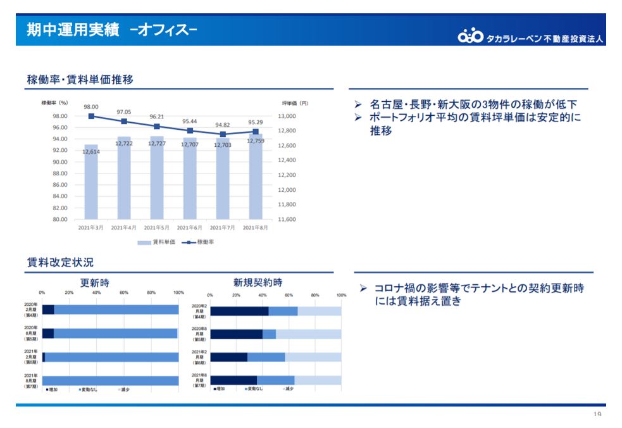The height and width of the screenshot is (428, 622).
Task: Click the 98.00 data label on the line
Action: (91, 107)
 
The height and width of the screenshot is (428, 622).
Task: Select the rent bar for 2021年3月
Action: (91, 184)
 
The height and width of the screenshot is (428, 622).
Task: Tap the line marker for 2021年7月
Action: (223, 134)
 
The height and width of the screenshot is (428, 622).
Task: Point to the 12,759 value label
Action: (256, 141)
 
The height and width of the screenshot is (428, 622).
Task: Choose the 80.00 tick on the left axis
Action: (59, 219)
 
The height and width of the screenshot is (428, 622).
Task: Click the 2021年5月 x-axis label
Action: (157, 227)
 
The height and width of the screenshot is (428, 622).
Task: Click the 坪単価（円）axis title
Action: (295, 103)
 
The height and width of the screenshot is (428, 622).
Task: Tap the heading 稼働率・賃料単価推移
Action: (80, 80)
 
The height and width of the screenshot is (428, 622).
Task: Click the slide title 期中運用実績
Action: (73, 30)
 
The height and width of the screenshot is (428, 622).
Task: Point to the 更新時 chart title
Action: (94, 283)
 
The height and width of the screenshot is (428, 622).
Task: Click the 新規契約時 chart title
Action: (258, 282)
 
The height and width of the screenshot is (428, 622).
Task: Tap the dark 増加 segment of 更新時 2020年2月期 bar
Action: (48, 310)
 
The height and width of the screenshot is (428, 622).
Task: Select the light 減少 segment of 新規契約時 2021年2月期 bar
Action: (313, 357)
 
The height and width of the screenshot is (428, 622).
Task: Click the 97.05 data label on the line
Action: (124, 112)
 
